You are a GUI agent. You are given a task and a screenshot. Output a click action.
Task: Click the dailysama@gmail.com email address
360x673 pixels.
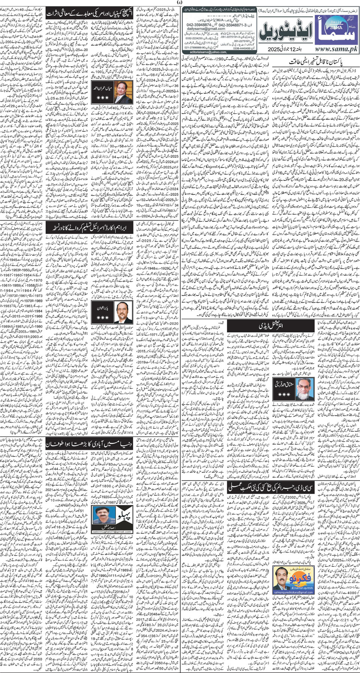coord(209,29)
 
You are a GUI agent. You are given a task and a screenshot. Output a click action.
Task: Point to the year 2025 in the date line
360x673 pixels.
coord(276,50)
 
